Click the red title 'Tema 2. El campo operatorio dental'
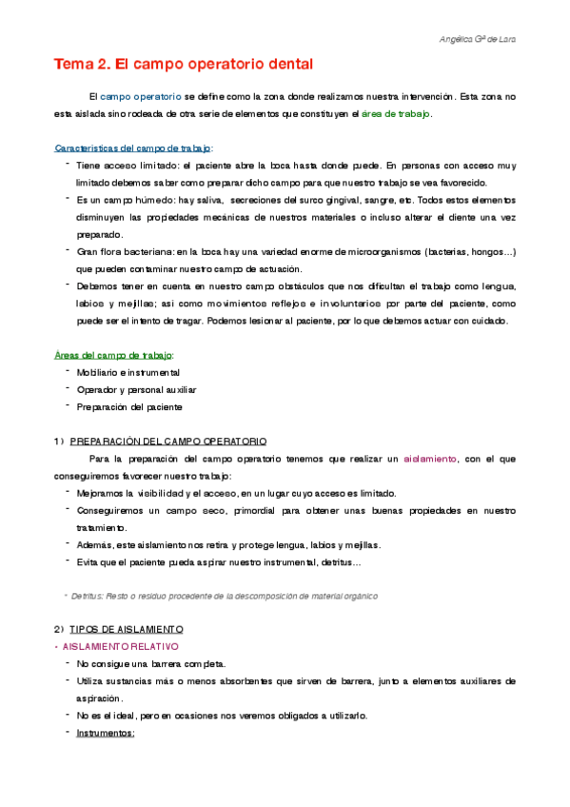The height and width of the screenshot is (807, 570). coord(183,65)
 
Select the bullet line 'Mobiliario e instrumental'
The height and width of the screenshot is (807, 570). coord(128,372)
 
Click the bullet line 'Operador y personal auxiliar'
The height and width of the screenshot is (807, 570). coord(133,389)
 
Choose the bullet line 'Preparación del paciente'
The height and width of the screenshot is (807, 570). coord(129,406)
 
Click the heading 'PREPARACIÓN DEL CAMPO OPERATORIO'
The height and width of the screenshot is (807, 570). coord(168,442)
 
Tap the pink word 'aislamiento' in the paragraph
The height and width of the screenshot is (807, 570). coord(430,459)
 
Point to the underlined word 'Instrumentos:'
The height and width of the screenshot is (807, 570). coord(106,733)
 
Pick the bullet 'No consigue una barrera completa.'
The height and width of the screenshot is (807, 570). coord(151,664)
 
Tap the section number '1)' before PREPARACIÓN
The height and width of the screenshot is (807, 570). coord(59,442)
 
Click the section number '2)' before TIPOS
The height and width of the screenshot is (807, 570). coord(59,630)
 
